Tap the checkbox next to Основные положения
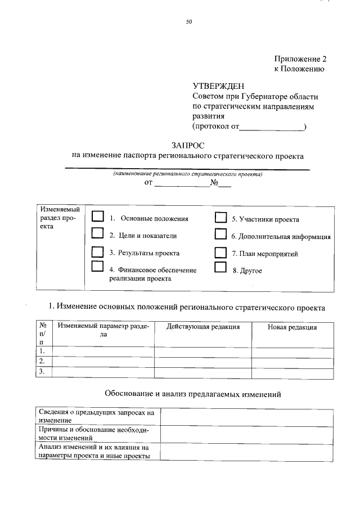point(98,217)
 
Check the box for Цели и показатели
point(98,233)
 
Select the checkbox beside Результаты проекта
point(98,251)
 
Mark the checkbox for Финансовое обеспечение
point(98,266)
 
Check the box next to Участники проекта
point(221,218)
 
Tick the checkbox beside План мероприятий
point(221,252)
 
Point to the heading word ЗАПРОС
point(188,145)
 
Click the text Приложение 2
point(300,59)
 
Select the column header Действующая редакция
point(203,327)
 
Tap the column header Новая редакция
point(292,327)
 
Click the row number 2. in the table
point(42,361)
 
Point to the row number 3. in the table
point(42,372)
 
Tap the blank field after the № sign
point(225,184)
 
